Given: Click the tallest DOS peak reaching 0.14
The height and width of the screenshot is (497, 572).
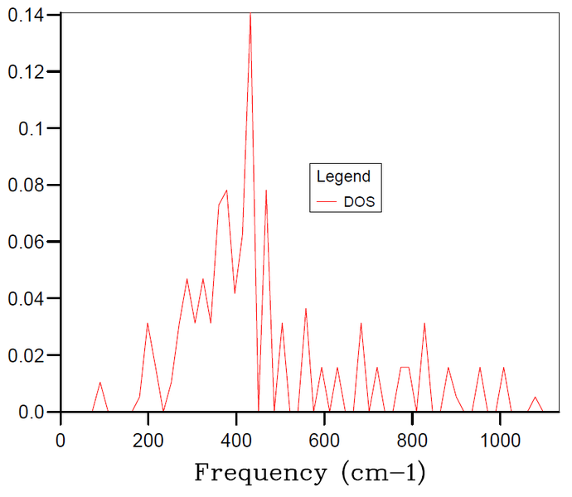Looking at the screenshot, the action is click(x=250, y=14).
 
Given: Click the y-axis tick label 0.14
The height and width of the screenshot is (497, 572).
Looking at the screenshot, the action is click(x=26, y=16).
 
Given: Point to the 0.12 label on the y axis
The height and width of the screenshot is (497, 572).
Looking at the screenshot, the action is click(x=26, y=72).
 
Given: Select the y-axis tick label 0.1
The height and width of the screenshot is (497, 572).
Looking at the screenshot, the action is click(x=31, y=128).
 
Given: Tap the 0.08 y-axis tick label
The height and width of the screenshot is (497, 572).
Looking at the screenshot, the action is click(x=26, y=186).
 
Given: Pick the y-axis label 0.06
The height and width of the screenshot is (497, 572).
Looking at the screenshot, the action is click(x=26, y=242).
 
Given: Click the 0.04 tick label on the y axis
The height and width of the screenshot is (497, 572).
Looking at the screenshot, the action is click(x=26, y=299).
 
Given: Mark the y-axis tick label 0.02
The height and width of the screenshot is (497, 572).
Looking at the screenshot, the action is click(x=26, y=355).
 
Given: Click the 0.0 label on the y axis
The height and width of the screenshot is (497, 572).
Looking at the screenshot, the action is click(x=31, y=412).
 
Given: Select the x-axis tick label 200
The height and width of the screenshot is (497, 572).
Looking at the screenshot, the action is click(x=148, y=441).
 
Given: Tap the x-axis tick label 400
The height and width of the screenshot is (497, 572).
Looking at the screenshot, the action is click(x=236, y=441).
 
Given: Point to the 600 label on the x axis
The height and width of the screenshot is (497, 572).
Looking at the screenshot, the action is click(x=324, y=441).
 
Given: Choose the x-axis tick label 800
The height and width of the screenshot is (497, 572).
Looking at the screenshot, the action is click(x=412, y=441).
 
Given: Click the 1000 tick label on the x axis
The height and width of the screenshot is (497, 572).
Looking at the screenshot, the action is click(x=500, y=441).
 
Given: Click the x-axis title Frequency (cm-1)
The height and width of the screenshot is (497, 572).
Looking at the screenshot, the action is click(x=310, y=473).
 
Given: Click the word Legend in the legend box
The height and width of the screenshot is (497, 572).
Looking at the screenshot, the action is click(x=343, y=176).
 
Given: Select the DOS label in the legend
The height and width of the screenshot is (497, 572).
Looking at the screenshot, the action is click(x=359, y=201).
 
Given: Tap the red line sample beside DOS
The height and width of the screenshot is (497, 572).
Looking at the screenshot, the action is click(x=326, y=201).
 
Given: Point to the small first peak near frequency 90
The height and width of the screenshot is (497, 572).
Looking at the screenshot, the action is click(x=100, y=383).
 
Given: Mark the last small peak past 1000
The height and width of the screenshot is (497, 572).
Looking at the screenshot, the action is click(x=536, y=398).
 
